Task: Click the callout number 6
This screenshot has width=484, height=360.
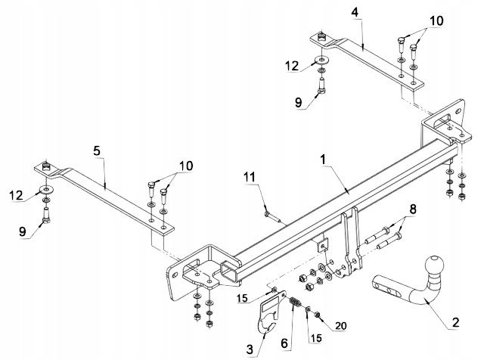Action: coord(284,341)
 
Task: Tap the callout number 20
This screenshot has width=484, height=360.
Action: coord(340,325)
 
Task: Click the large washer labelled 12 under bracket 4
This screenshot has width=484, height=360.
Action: coord(321,61)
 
